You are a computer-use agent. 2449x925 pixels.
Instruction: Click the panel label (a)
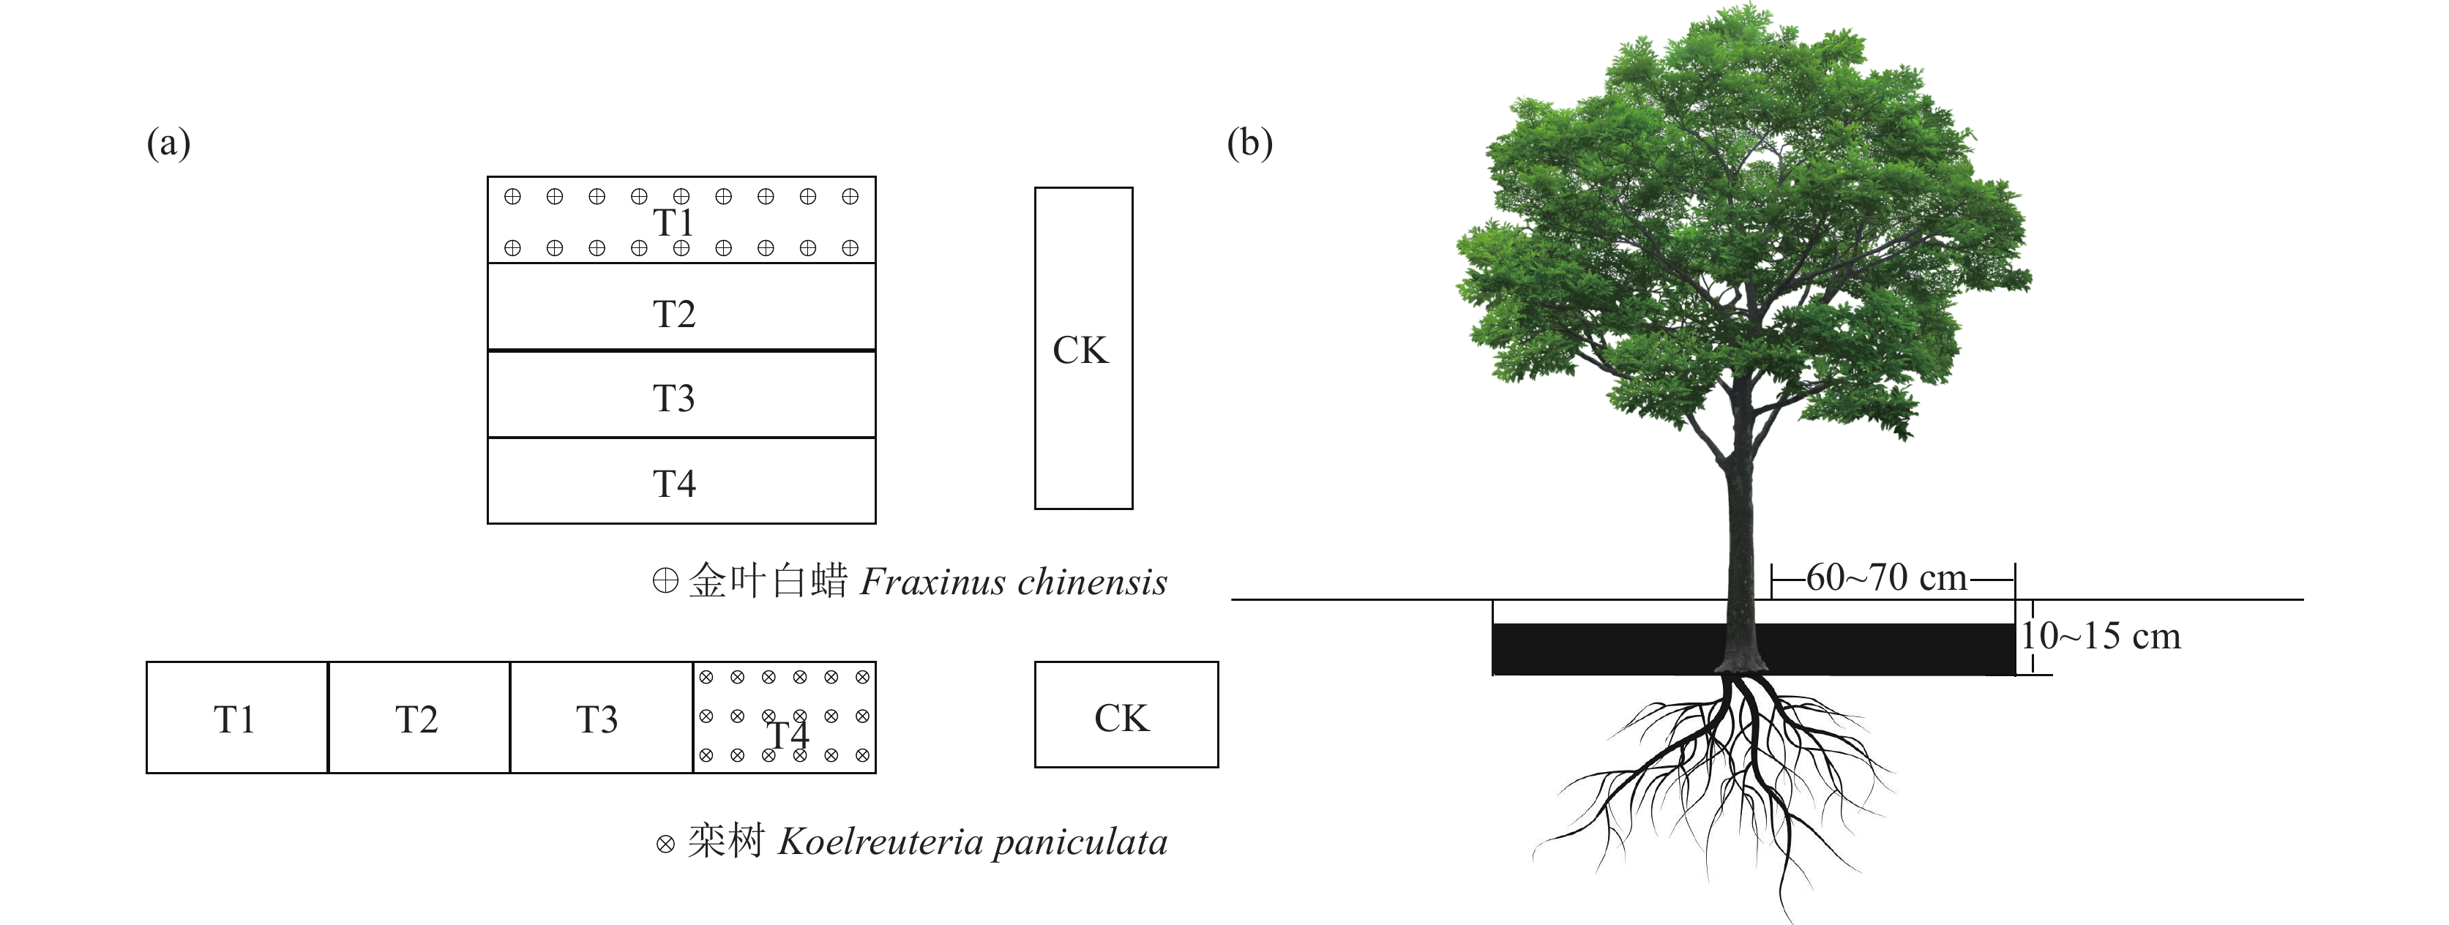[168, 143]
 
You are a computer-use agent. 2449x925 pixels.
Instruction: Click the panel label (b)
[1249, 143]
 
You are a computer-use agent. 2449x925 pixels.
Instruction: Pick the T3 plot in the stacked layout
[681, 394]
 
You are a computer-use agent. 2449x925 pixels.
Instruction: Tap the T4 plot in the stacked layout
[681, 481]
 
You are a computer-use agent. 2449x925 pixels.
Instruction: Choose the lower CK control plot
[1126, 715]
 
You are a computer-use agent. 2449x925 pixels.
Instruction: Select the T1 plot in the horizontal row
[236, 718]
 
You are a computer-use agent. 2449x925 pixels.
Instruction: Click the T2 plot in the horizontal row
[419, 718]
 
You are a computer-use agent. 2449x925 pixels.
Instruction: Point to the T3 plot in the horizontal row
[601, 718]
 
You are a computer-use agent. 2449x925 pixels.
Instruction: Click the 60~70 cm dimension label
[1886, 578]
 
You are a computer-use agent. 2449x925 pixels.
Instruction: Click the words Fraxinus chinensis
[1014, 582]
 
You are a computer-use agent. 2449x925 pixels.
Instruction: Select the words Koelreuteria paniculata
[973, 842]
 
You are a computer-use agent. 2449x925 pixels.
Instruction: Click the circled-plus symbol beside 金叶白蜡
[665, 581]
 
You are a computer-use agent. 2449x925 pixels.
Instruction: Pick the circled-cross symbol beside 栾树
[665, 843]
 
